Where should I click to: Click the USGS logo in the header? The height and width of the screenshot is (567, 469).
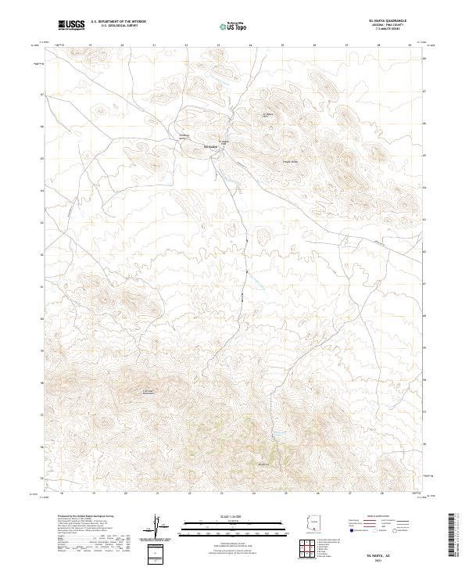[72, 26]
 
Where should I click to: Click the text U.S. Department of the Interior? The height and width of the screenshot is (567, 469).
[118, 22]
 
